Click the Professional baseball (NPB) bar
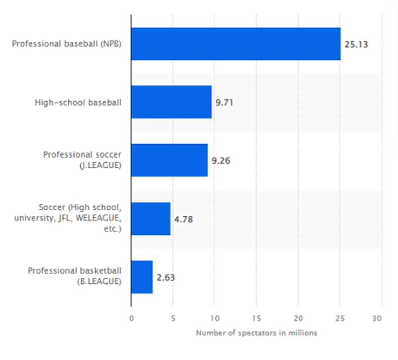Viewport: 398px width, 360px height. pyautogui.click(x=236, y=44)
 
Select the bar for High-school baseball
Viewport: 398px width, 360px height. pyautogui.click(x=171, y=102)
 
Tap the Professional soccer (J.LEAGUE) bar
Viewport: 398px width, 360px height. pyautogui.click(x=169, y=160)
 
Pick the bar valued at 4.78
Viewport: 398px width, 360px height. pyautogui.click(x=151, y=219)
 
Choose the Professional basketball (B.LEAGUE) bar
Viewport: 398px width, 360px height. pyautogui.click(x=142, y=277)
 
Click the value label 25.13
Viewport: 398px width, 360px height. pyautogui.click(x=356, y=44)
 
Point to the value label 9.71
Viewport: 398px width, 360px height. pyautogui.click(x=224, y=102)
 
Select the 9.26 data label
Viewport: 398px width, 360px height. pyautogui.click(x=221, y=161)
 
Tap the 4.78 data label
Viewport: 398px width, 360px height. pyautogui.click(x=183, y=219)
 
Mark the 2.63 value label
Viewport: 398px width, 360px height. pyautogui.click(x=166, y=277)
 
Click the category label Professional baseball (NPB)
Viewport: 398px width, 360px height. pyautogui.click(x=66, y=44)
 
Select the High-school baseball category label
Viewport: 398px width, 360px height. pyautogui.click(x=78, y=102)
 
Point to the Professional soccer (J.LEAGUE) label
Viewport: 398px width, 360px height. pyautogui.click(x=82, y=160)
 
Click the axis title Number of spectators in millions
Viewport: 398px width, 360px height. pyautogui.click(x=256, y=333)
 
